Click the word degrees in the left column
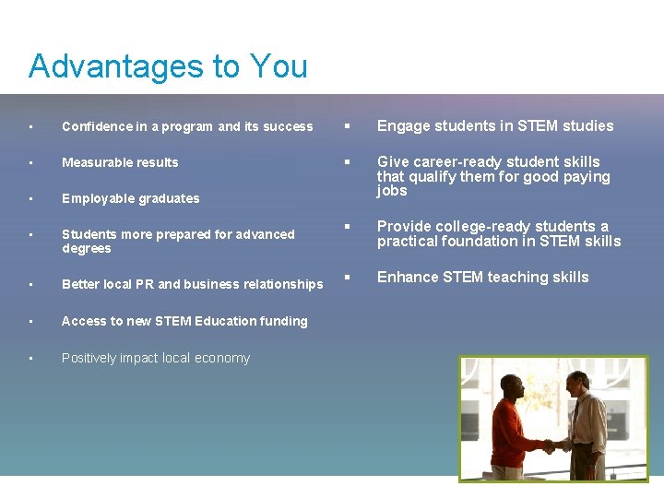(x=86, y=249)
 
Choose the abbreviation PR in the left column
(x=144, y=284)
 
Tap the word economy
(x=224, y=358)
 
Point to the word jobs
(x=392, y=191)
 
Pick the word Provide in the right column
(x=404, y=227)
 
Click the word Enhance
(x=407, y=278)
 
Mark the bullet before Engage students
(x=349, y=126)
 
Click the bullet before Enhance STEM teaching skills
(x=349, y=278)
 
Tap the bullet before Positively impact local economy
(x=31, y=359)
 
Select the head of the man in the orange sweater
(x=513, y=392)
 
